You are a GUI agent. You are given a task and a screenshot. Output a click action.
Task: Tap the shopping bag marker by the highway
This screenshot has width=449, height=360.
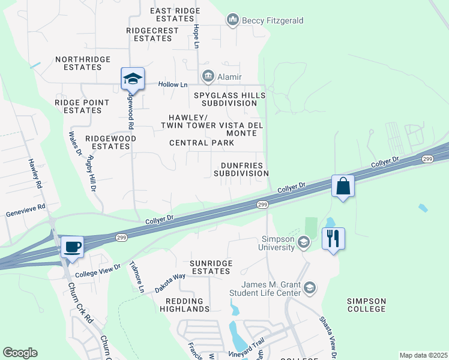(x=343, y=186)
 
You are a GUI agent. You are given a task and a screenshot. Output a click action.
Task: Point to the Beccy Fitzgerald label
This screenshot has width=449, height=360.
(x=272, y=20)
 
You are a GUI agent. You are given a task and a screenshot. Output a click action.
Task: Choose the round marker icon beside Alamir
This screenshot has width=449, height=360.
(x=208, y=76)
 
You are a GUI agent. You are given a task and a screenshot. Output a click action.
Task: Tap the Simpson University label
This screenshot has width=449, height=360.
(x=276, y=242)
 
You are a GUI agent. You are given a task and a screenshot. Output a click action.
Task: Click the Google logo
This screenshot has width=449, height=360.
(x=20, y=353)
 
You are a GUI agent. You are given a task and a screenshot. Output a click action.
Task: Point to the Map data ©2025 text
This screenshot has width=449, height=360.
(x=423, y=355)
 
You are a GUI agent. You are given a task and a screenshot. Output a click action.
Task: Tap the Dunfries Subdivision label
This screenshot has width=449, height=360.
(x=241, y=169)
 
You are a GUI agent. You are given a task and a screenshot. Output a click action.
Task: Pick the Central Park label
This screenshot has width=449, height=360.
(x=202, y=143)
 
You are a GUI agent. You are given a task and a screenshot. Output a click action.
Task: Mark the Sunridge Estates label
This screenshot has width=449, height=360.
(x=201, y=267)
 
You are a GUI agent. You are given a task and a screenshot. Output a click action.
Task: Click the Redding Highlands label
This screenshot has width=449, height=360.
(x=185, y=304)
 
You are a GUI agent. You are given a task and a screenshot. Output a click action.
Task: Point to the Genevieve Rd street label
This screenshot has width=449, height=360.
(x=25, y=207)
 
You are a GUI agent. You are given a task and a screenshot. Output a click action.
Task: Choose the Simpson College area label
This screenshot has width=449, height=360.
(x=366, y=305)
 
